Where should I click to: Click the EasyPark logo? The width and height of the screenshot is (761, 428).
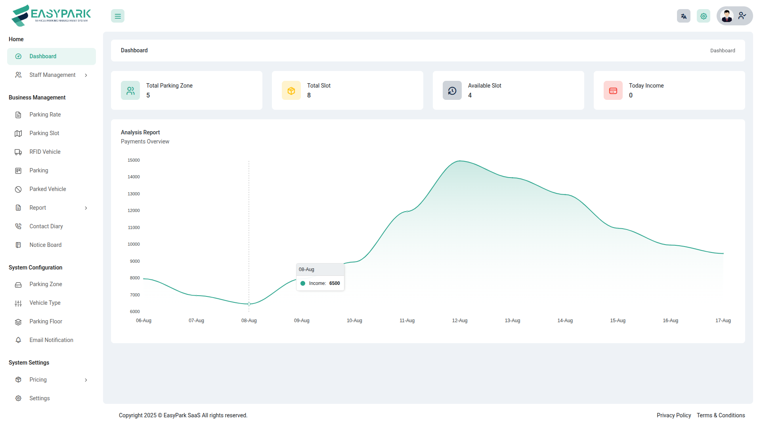coord(51,15)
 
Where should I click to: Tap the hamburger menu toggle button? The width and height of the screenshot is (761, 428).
coord(118,16)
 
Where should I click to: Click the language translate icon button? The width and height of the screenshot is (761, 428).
coord(683,16)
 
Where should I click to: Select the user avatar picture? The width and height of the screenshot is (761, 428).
coord(727,16)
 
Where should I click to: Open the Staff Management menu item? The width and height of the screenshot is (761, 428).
coord(52,75)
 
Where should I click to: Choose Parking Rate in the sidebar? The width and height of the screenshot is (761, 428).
coord(45,115)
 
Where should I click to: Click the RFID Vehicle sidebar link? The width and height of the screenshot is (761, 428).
coord(45,152)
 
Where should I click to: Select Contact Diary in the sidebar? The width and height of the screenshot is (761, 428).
coord(46,226)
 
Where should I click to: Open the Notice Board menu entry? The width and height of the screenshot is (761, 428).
coord(46,245)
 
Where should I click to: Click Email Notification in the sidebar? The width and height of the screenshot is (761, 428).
coord(51,340)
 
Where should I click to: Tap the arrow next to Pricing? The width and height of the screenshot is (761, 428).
coord(86,380)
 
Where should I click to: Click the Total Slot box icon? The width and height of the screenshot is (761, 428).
coord(291,91)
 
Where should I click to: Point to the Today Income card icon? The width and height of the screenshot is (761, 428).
coord(613,91)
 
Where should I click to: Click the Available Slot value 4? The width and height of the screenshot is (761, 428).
coord(470,96)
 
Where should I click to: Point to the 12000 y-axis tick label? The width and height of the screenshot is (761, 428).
coord(134,210)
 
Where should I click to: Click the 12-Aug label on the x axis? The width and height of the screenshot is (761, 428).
coord(460,321)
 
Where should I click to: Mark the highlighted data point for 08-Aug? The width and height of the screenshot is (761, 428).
coord(249,304)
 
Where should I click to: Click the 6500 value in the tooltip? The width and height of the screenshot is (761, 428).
coord(335,283)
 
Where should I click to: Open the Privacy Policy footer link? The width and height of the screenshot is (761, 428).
coord(674,415)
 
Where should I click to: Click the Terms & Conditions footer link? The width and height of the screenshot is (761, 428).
coord(721,415)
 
